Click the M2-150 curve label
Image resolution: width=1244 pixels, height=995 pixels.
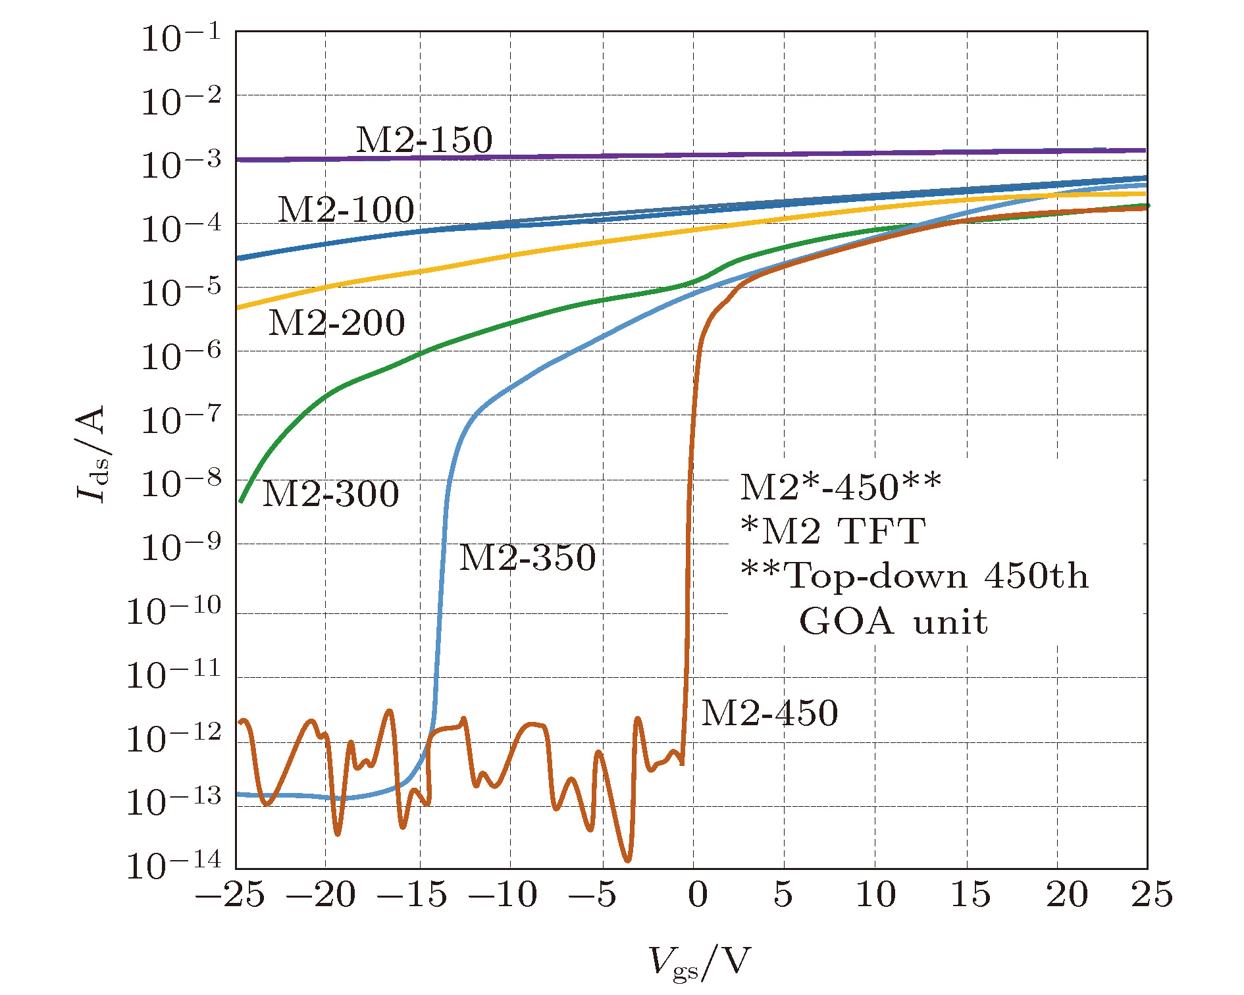pos(424,140)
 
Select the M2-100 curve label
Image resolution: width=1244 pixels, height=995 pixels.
pos(346,210)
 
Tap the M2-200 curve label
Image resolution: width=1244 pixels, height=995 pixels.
pos(337,322)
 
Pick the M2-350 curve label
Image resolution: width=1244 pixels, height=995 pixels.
pos(527,557)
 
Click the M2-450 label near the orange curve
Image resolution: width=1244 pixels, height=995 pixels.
pos(769,713)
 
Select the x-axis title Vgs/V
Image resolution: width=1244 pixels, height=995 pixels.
pos(699,963)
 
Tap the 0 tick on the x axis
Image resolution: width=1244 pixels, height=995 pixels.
pos(698,895)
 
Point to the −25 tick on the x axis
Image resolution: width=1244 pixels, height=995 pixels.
pos(230,895)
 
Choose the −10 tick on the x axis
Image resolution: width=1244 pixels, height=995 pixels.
pos(503,895)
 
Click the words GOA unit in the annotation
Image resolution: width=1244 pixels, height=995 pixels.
pos(893,621)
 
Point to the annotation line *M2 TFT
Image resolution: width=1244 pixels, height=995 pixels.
pos(833,531)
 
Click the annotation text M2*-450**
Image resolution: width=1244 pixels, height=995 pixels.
pos(841,487)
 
